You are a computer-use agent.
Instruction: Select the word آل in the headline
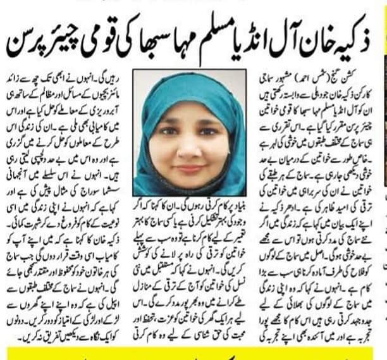(282, 39)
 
